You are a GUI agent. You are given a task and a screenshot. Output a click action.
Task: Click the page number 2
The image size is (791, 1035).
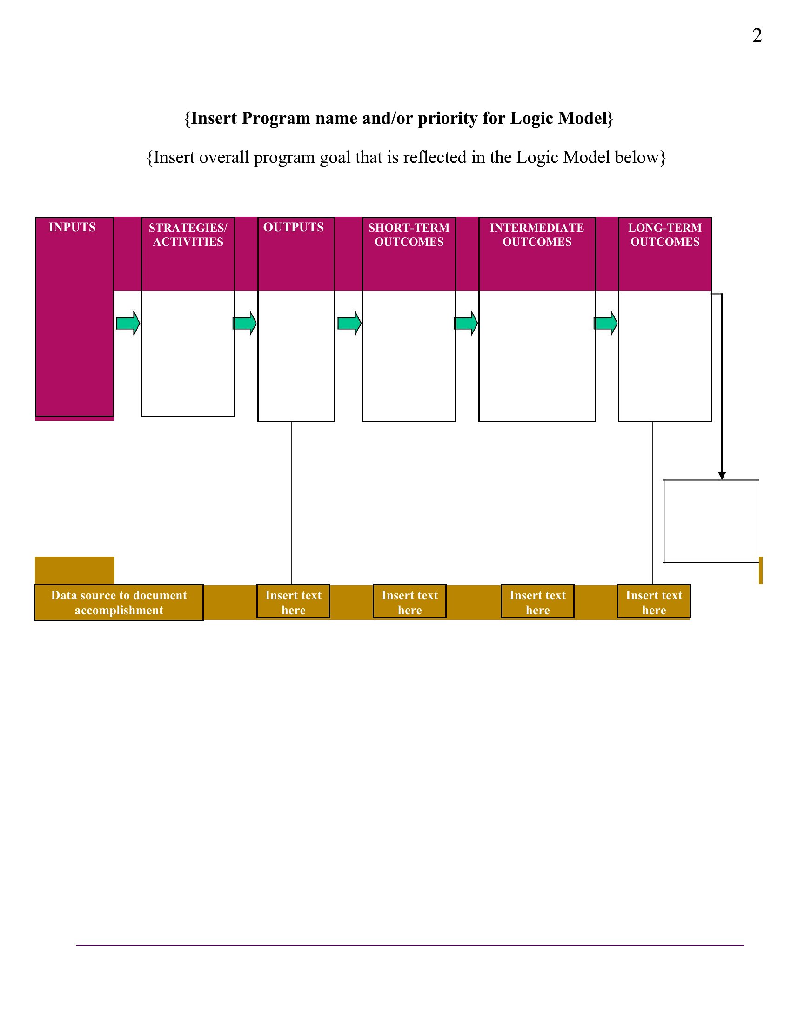click(x=757, y=36)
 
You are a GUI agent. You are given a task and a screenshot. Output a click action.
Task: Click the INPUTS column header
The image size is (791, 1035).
click(x=73, y=228)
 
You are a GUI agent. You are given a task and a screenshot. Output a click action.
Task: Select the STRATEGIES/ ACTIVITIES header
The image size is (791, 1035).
click(x=188, y=235)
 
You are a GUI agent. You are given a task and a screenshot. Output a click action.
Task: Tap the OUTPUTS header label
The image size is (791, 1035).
click(x=293, y=228)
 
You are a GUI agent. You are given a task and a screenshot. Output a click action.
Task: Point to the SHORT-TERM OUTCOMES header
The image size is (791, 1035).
click(x=409, y=235)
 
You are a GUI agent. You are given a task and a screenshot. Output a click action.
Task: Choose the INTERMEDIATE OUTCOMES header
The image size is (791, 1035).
click(x=537, y=235)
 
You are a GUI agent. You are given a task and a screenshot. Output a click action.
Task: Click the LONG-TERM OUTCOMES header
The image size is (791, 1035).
click(x=665, y=235)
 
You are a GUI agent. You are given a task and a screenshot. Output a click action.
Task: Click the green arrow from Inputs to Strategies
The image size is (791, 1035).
click(x=128, y=323)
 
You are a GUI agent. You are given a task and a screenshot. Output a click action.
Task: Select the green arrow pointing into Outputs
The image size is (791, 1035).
click(x=245, y=323)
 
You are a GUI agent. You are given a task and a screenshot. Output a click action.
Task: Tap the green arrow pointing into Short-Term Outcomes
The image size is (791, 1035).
click(x=350, y=323)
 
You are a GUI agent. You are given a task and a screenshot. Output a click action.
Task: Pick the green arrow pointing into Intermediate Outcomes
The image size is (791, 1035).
click(x=466, y=323)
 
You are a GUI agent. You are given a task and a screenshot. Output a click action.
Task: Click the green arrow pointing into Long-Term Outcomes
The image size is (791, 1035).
click(x=606, y=323)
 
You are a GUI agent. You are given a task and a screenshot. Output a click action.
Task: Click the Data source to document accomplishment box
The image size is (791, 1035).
click(x=119, y=603)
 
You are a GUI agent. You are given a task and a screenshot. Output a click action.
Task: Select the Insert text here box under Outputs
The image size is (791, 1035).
click(x=293, y=601)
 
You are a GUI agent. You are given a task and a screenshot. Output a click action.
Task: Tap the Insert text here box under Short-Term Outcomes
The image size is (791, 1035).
click(x=409, y=601)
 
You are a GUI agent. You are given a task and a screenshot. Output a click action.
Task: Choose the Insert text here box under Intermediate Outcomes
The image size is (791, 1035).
click(x=538, y=601)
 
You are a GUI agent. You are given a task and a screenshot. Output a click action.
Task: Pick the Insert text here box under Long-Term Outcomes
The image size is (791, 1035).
click(x=654, y=601)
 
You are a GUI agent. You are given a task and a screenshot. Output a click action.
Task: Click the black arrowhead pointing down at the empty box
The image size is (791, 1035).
click(x=722, y=476)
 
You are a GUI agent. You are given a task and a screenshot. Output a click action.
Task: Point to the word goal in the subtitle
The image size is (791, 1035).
click(x=335, y=158)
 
